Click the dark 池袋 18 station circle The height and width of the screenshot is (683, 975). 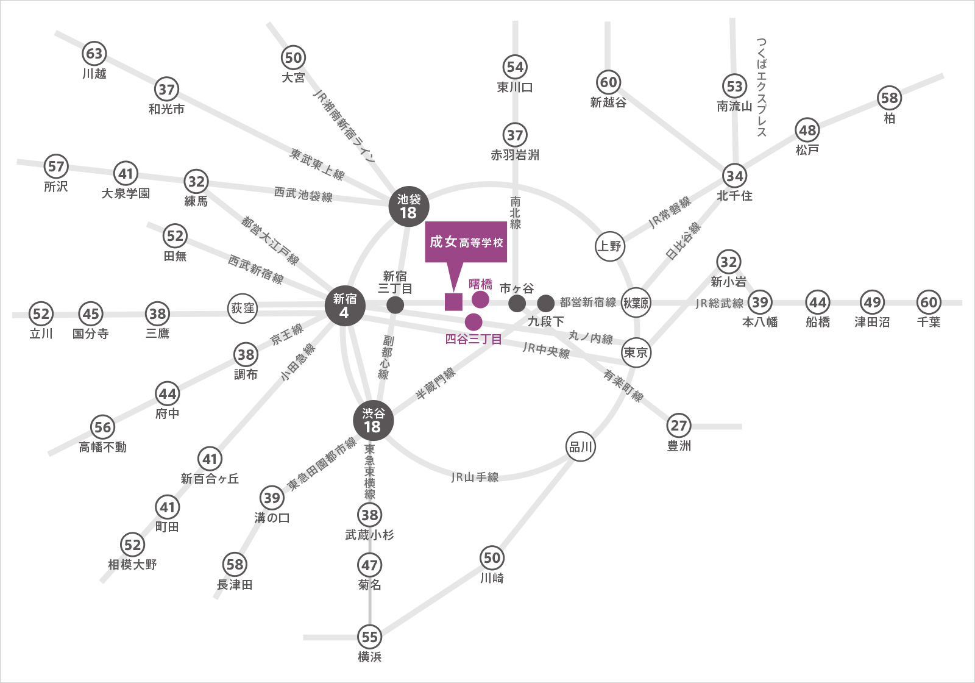point(409,207)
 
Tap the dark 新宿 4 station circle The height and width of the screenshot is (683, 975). point(345,306)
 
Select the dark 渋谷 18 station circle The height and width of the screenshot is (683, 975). point(374,421)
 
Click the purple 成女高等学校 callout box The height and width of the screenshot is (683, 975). point(466,241)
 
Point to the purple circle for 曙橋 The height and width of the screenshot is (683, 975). point(480,299)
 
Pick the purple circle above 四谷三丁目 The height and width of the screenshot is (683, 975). point(473,322)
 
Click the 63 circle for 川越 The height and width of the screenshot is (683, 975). point(94,53)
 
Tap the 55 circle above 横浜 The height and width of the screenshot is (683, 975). point(369,637)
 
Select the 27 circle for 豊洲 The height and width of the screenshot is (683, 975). point(679,426)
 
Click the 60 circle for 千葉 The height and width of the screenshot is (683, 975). point(929,302)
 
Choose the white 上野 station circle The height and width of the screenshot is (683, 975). point(610,246)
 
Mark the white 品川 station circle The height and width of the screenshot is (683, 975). point(581,447)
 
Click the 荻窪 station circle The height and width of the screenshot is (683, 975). point(243,309)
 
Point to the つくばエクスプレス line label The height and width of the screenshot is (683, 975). point(761,87)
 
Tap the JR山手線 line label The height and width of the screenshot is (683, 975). point(475,477)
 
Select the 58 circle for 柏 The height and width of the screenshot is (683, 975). point(889,98)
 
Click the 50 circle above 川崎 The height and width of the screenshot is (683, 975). point(492,558)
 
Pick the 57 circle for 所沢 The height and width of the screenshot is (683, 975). point(56,166)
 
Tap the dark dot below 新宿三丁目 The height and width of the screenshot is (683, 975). point(395,305)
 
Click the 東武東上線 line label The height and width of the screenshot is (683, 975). point(317,165)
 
